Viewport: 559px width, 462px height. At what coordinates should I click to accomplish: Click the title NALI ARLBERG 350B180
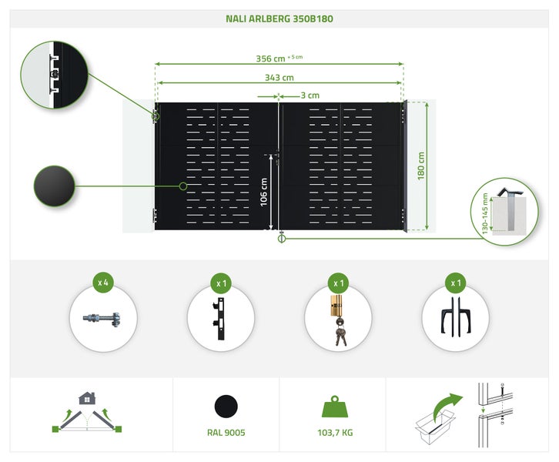[x=279, y=18]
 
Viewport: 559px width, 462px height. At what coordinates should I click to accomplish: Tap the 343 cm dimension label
[x=279, y=77]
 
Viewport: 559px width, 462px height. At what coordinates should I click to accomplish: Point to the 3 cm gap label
[x=310, y=95]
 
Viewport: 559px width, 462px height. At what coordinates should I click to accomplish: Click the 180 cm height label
[x=421, y=166]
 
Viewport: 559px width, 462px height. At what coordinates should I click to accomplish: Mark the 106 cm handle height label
[x=263, y=192]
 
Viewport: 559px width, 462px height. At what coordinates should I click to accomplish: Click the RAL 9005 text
[x=226, y=433]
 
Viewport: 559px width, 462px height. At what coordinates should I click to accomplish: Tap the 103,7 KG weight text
[x=336, y=433]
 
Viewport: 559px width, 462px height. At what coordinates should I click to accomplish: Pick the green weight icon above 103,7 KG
[x=336, y=407]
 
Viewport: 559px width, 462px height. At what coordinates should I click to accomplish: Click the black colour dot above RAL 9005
[x=226, y=406]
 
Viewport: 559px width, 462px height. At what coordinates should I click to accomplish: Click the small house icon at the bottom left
[x=87, y=398]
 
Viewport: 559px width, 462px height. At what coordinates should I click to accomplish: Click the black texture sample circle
[x=54, y=186]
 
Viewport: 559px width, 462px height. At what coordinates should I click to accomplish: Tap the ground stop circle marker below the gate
[x=281, y=239]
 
